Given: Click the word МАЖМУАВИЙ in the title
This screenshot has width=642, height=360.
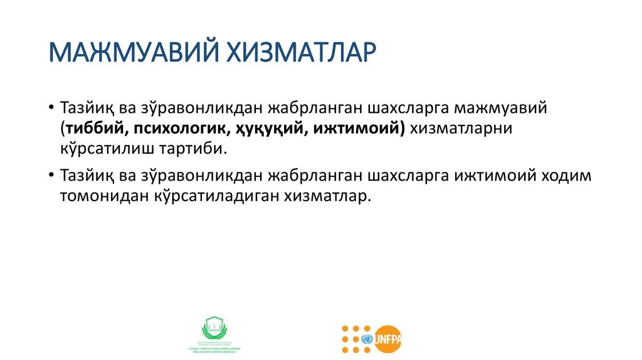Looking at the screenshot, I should click(130, 54).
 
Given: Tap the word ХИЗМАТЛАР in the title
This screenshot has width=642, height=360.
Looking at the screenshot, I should click(296, 54).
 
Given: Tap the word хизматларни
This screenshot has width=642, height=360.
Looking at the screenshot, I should click(461, 129).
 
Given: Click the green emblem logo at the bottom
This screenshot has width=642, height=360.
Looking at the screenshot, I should click(216, 331).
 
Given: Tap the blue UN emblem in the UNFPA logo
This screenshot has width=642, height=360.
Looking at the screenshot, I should click(366, 339).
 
